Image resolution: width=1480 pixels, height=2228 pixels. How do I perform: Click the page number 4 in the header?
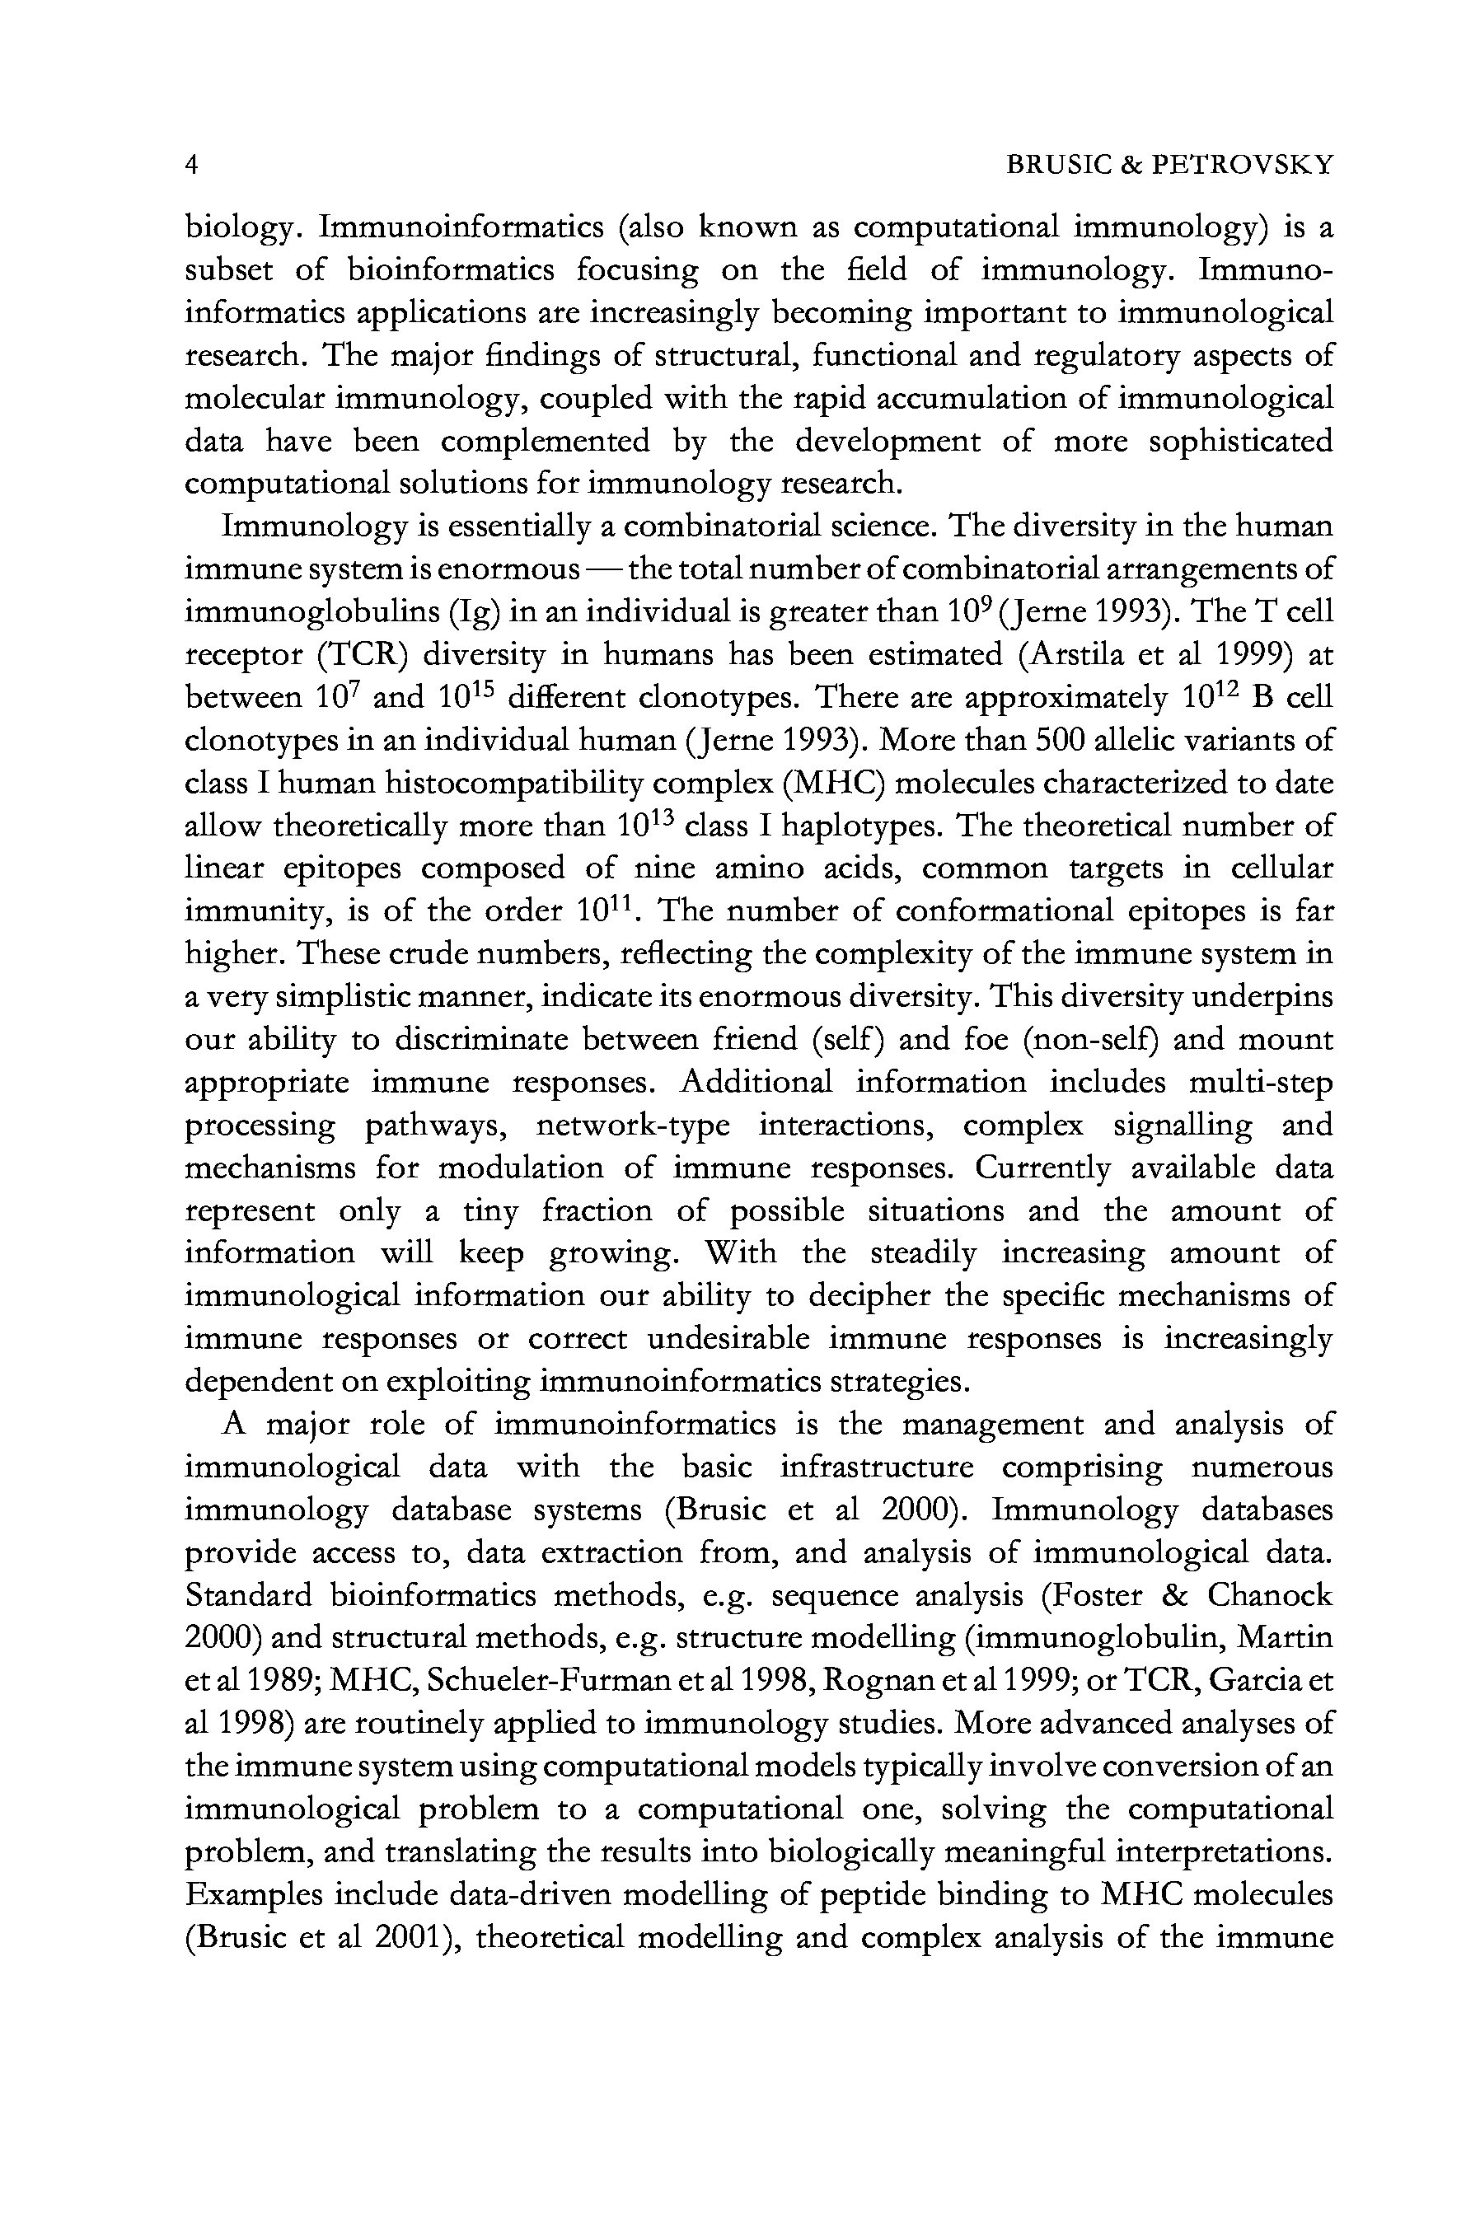tap(192, 165)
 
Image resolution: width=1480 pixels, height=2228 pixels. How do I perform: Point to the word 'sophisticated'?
tap(1240, 442)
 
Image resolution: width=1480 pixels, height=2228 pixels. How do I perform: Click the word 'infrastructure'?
tap(877, 1468)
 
